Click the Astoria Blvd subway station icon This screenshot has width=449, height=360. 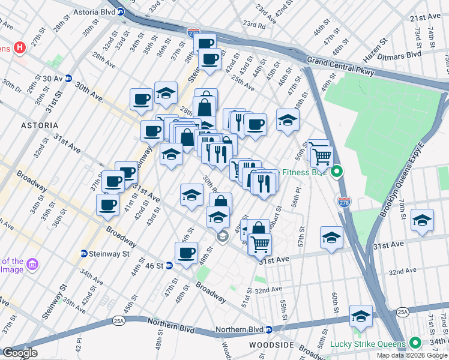[121, 11]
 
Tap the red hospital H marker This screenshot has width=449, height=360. [20, 47]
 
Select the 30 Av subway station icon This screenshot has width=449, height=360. [68, 79]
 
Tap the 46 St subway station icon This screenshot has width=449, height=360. [169, 265]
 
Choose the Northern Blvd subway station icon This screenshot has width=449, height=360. [270, 329]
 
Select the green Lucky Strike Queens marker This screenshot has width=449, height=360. [415, 344]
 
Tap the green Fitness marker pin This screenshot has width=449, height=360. [337, 172]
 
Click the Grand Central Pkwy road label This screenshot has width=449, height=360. [340, 65]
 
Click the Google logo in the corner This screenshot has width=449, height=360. [20, 353]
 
